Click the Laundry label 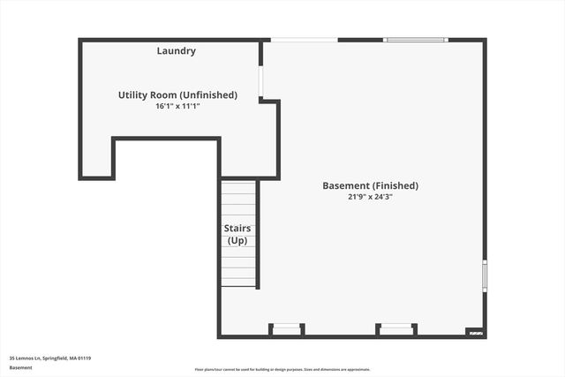177,51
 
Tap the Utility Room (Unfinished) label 177,94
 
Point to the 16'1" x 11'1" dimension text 177,106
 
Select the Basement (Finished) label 370,185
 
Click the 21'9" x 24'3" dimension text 370,197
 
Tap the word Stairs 237,229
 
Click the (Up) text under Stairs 237,241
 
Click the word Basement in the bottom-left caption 20,367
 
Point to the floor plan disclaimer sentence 282,370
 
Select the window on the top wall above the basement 416,40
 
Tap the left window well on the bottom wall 287,329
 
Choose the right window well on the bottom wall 396,329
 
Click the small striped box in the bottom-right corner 475,333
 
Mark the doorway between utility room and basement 260,82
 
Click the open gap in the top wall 304,40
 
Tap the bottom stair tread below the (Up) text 237,283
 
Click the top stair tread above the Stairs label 237,185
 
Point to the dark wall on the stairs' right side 258,234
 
